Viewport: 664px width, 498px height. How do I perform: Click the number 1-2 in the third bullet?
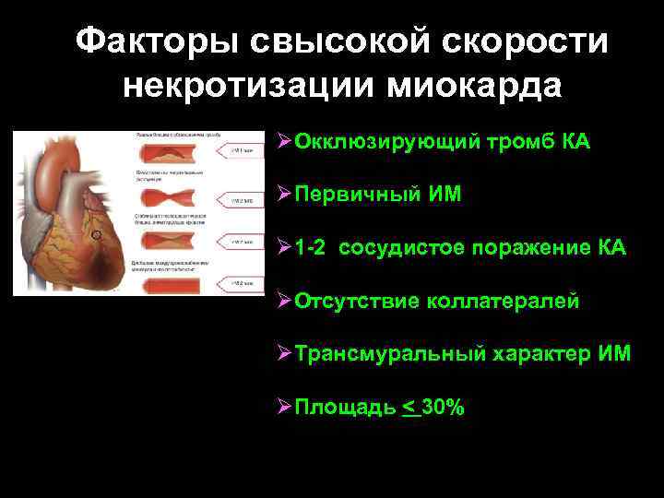(312, 248)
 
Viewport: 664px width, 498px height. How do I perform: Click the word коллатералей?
(503, 301)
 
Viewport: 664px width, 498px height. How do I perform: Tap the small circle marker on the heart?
(96, 235)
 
